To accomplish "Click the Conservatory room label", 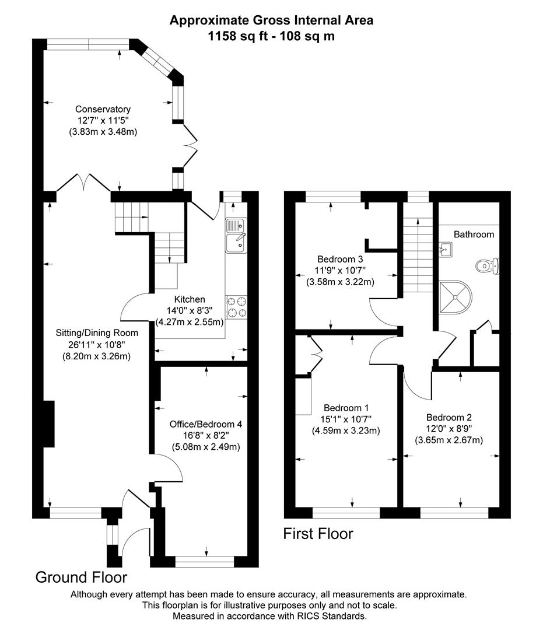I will pos(103,109).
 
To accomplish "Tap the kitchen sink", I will pos(236,236).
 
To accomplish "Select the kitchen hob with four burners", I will pos(236,307).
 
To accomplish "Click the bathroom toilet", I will pos(486,266).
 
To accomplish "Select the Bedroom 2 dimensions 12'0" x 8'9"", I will pos(449,429).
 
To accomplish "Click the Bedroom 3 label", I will pos(340,259).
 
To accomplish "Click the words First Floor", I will pos(318,533).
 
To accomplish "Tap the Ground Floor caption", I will pos(81,577).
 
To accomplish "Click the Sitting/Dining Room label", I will pos(97,333).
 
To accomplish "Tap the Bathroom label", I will pos(474,235).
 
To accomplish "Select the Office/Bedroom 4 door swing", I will pos(166,467).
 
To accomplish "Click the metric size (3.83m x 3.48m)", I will pos(103,132).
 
